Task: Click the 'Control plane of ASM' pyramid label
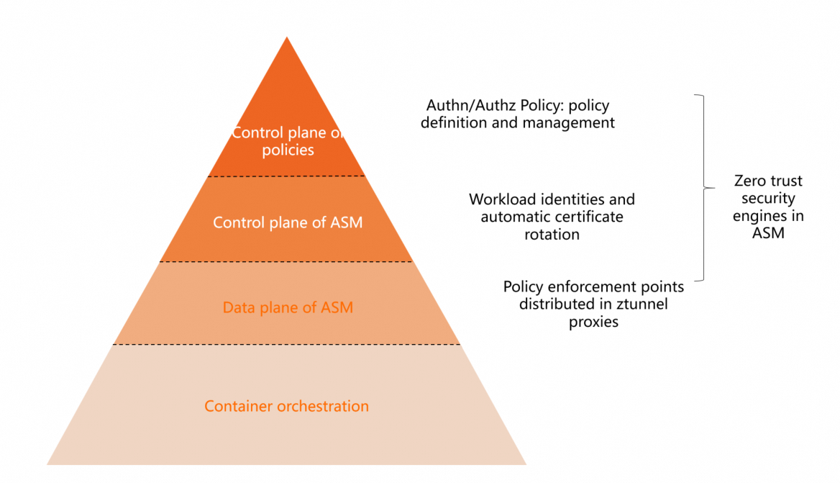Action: (x=288, y=222)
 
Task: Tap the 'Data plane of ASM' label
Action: (x=288, y=308)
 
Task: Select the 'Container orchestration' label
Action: (x=286, y=406)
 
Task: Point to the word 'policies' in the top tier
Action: (x=288, y=150)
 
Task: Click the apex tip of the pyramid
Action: (x=287, y=38)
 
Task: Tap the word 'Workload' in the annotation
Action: (x=499, y=199)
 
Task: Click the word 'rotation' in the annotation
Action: (x=552, y=234)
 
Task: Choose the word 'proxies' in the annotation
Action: (x=593, y=322)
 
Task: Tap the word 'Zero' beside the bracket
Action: (x=749, y=181)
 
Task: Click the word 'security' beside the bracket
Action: (x=768, y=198)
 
